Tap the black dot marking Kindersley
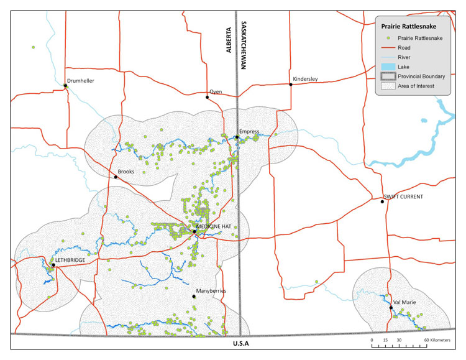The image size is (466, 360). tap(291, 84)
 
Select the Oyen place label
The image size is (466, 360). tap(216, 91)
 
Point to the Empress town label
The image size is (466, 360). tap(249, 131)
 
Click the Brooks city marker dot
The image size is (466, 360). tap(116, 177)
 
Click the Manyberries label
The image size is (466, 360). tap(210, 290)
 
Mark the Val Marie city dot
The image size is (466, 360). tap(391, 308)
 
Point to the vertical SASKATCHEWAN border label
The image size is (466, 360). tap(243, 47)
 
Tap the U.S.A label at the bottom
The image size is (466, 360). tap(241, 343)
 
